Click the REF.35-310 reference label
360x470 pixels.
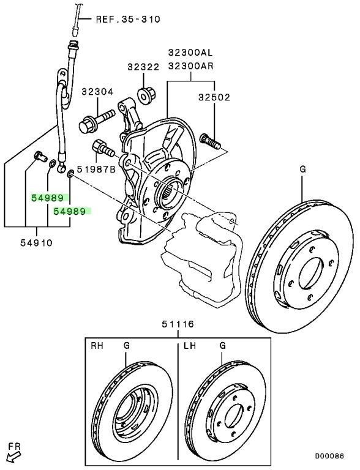128,20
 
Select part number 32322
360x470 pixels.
143,67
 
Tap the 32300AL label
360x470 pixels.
190,53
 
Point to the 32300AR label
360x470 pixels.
190,65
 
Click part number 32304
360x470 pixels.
97,92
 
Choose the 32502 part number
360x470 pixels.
214,97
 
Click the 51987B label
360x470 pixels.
96,170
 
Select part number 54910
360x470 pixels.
36,242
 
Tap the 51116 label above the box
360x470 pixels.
178,324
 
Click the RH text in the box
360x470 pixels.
97,346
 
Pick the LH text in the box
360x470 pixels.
190,346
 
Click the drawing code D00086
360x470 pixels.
329,456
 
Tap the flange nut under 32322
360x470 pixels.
147,95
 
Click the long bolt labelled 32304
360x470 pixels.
97,121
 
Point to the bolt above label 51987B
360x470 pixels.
103,148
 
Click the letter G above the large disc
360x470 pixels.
302,170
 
